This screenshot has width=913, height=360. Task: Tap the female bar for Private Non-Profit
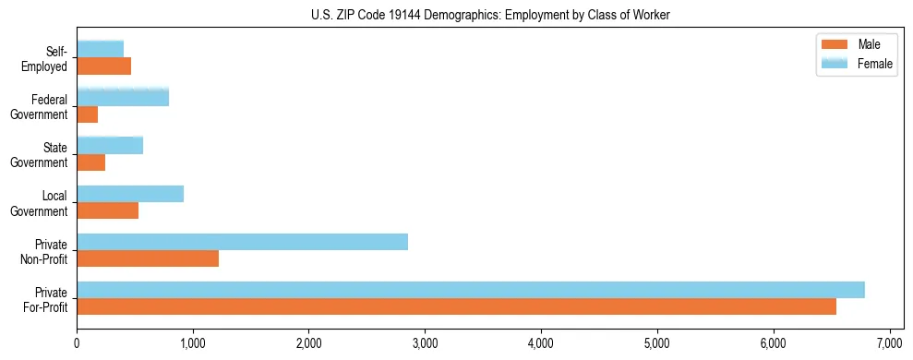tap(242, 242)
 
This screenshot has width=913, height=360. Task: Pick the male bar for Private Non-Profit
tap(148, 258)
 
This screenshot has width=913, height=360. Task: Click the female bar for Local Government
tap(130, 194)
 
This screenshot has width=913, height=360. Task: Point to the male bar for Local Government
tap(107, 210)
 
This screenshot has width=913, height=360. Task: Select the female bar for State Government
tap(110, 145)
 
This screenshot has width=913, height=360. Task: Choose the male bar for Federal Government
tap(88, 114)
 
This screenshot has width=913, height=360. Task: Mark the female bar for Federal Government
tap(123, 97)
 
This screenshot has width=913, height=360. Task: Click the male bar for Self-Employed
tap(103, 66)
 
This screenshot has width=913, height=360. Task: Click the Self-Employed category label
tap(45, 59)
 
